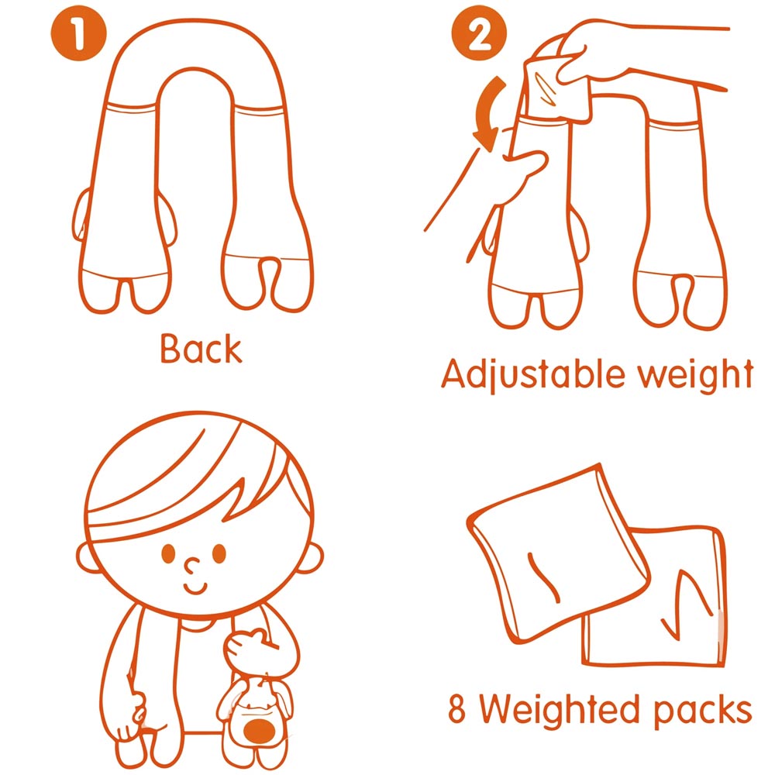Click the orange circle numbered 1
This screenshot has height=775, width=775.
pos(78,33)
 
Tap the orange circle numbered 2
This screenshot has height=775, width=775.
pos(479,33)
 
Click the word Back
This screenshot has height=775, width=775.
pos(201,349)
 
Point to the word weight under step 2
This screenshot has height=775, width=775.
pos(695,374)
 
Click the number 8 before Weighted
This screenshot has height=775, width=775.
pos(456,708)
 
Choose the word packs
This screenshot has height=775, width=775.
pos(702,711)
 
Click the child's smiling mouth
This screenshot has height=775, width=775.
pos(196,588)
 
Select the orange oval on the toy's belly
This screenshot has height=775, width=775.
pos(260,731)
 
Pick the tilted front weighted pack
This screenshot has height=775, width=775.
pos(557,553)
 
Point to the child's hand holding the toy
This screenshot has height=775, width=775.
pos(250,647)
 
